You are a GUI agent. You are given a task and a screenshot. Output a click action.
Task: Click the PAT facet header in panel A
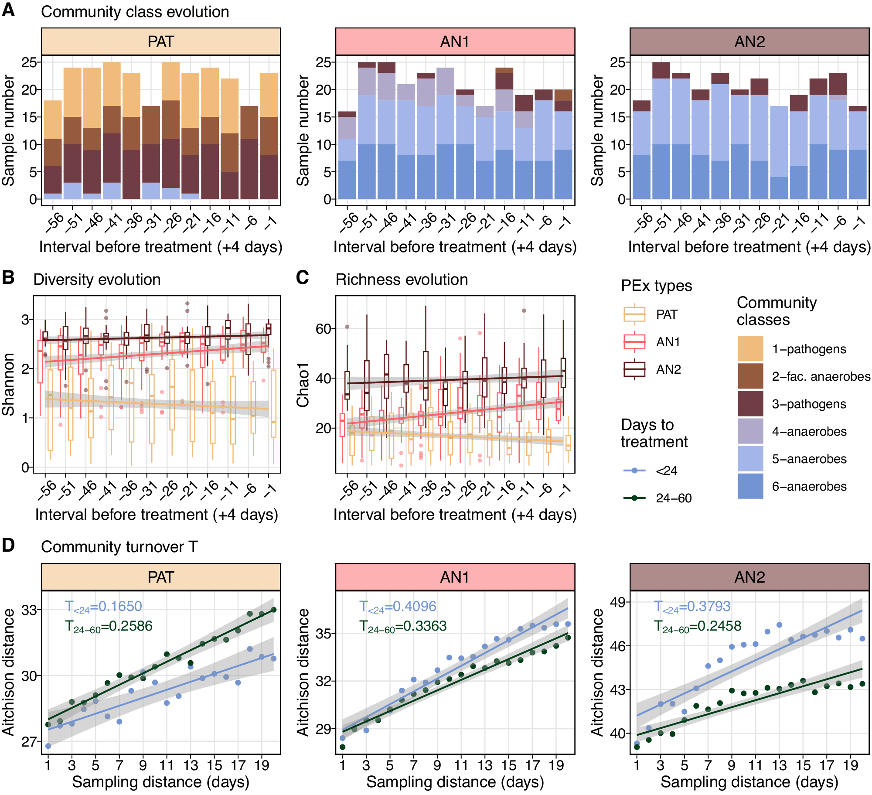pyautogui.click(x=160, y=42)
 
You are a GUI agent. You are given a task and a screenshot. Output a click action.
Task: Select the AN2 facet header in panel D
pyautogui.click(x=749, y=577)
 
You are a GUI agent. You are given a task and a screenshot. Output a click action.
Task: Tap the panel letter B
pyautogui.click(x=8, y=278)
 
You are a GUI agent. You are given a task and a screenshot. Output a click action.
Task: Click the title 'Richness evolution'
pyautogui.click(x=402, y=280)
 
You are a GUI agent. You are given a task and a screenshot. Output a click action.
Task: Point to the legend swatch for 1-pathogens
pyautogui.click(x=750, y=348)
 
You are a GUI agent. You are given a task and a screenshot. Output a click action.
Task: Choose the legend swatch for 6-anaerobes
pyautogui.click(x=750, y=486)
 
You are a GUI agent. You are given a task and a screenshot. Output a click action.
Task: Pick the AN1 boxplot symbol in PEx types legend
pyautogui.click(x=634, y=342)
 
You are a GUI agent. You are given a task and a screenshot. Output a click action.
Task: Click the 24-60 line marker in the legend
pyautogui.click(x=634, y=498)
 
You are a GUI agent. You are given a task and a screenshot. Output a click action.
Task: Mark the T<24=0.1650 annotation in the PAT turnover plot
pyautogui.click(x=103, y=607)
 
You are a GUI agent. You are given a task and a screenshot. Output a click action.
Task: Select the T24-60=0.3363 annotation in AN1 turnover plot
pyautogui.click(x=403, y=626)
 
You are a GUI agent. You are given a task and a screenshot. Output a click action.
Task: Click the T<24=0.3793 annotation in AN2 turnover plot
pyautogui.click(x=692, y=607)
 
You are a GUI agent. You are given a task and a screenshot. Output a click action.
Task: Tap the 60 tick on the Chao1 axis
pyautogui.click(x=324, y=328)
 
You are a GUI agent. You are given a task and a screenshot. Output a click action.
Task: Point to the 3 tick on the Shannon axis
pyautogui.click(x=25, y=320)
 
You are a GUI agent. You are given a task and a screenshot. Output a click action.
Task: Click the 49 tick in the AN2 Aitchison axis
pyautogui.click(x=618, y=602)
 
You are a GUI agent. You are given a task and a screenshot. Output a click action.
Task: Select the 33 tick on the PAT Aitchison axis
pyautogui.click(x=29, y=610)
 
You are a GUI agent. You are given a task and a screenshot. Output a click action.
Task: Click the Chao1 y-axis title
pyautogui.click(x=303, y=385)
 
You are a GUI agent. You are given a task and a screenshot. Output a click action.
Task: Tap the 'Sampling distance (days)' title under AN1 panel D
pyautogui.click(x=455, y=782)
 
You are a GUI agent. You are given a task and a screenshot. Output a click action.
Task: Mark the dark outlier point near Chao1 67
pyautogui.click(x=524, y=311)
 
